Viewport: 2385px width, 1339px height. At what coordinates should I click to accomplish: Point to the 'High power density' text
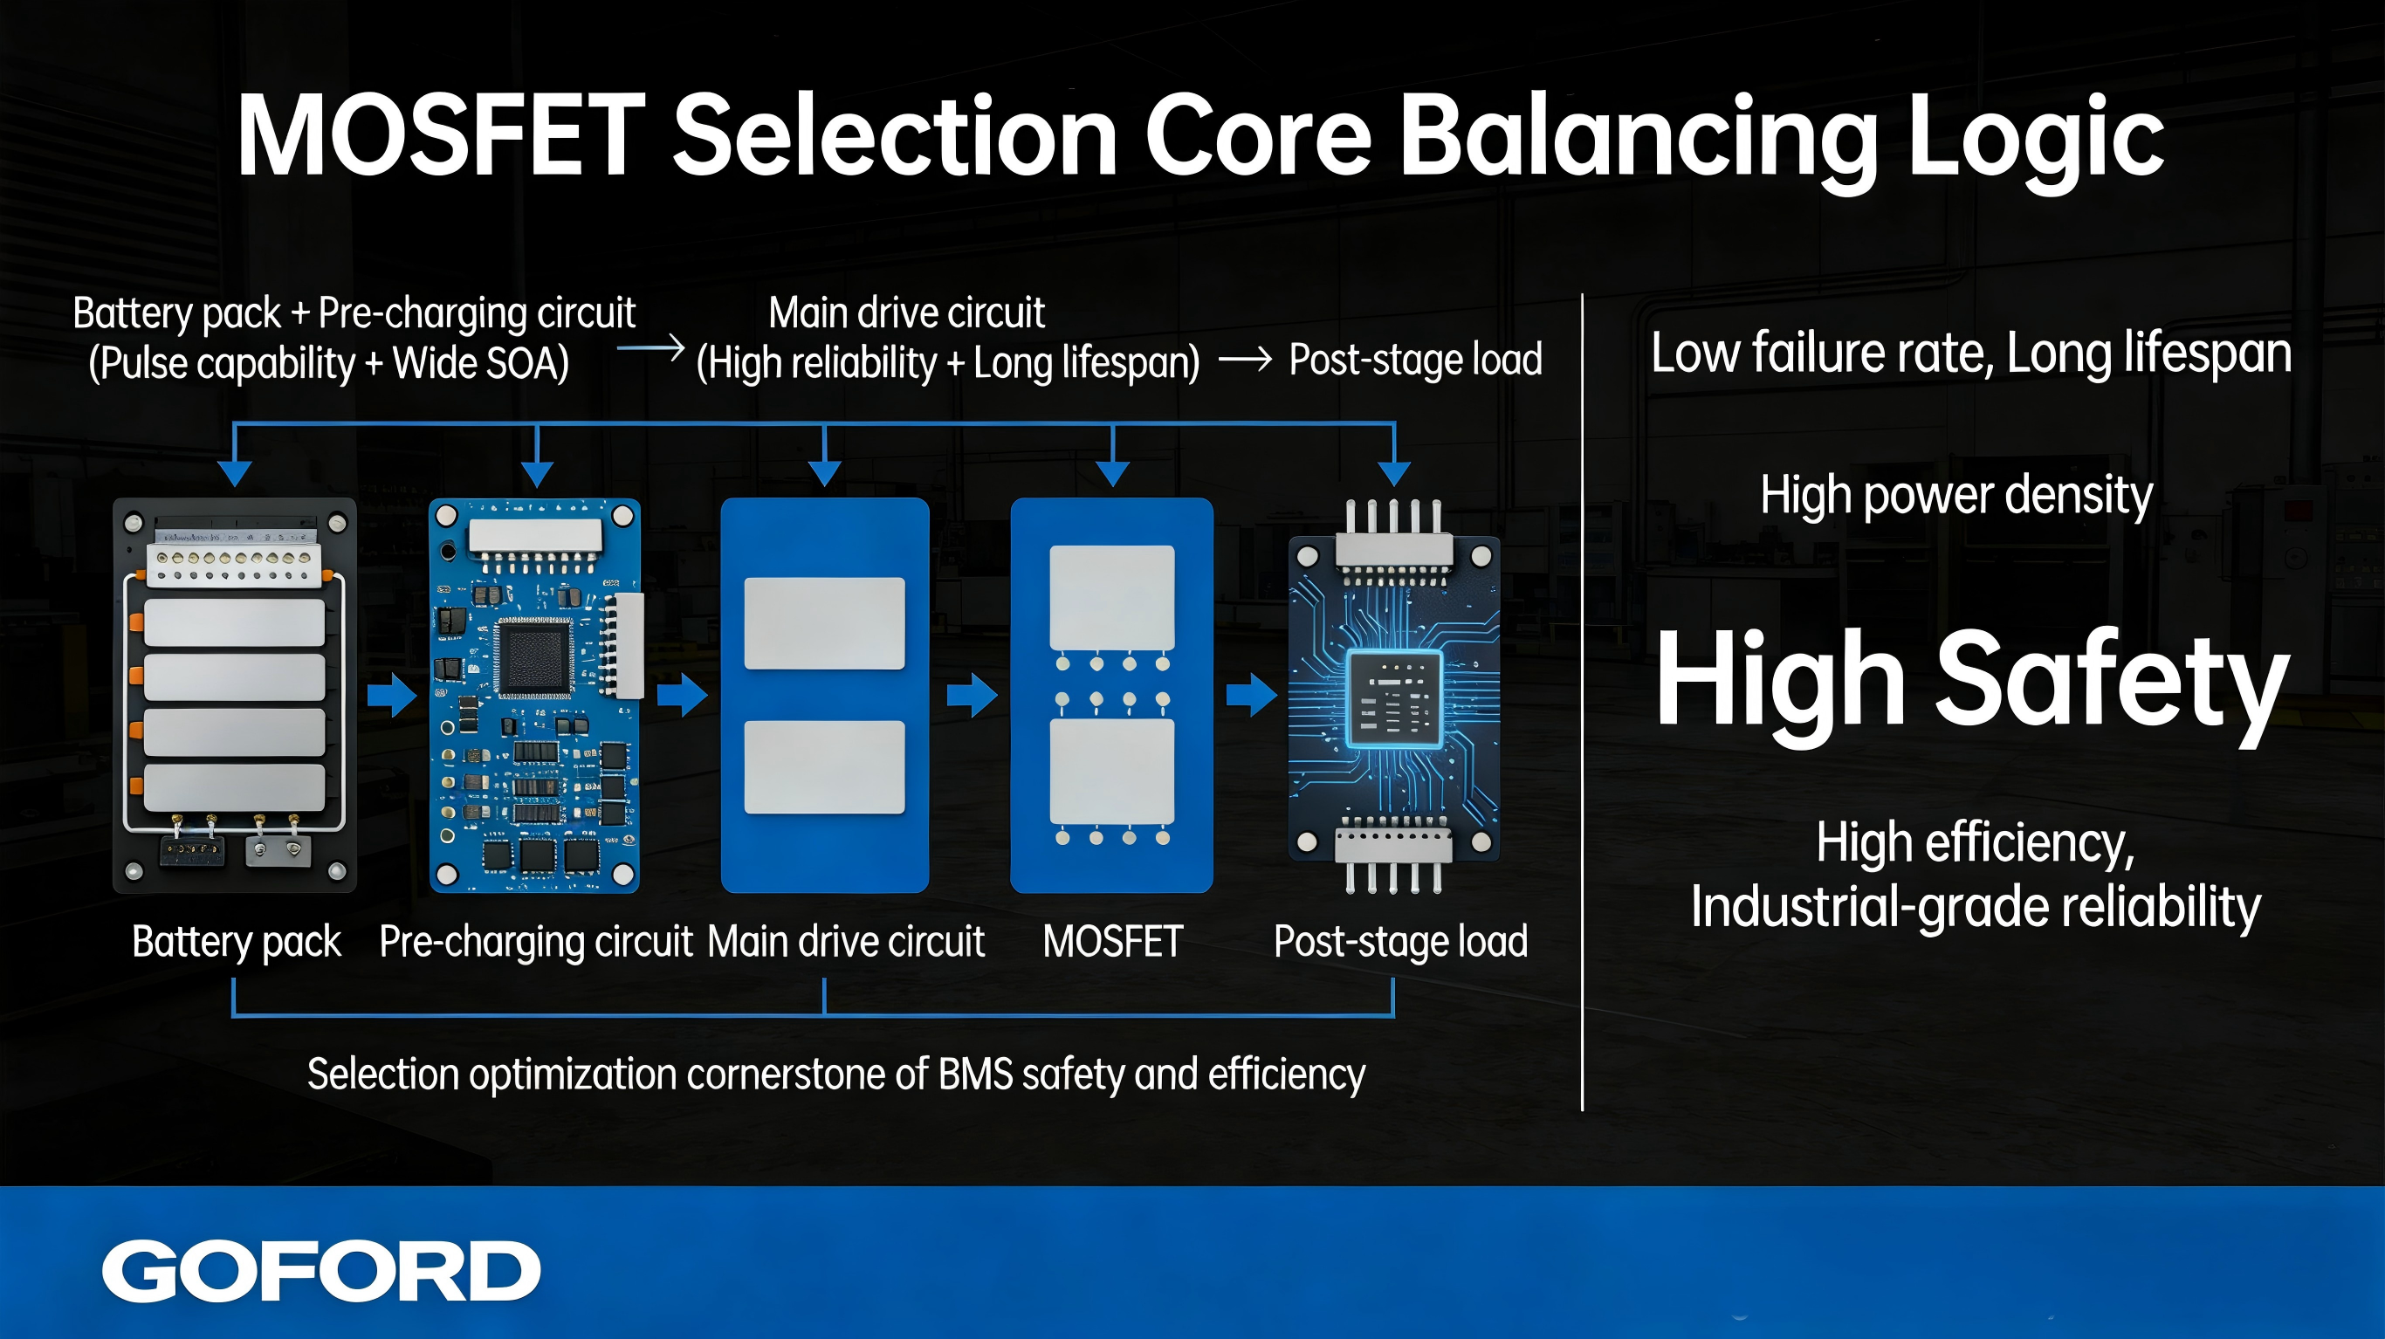(1956, 496)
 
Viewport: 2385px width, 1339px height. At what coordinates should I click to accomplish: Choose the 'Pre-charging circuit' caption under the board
(536, 943)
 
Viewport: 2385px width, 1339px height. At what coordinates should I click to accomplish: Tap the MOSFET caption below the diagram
(1113, 942)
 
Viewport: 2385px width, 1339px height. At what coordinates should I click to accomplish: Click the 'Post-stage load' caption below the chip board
(1401, 943)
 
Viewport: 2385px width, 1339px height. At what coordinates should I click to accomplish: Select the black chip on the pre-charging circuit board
(534, 657)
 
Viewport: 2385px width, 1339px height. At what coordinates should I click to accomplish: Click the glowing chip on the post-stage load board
(1393, 698)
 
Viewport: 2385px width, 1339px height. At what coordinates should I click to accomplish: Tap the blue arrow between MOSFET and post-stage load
(1251, 695)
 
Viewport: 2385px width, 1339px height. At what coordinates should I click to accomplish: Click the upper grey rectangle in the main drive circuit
(824, 623)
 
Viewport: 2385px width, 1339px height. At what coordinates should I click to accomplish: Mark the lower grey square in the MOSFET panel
(1112, 772)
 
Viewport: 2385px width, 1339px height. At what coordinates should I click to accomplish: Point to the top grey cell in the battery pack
(234, 622)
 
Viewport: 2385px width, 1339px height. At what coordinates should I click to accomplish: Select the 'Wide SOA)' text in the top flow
(480, 363)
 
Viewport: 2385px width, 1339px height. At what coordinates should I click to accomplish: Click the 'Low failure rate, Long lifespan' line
(1971, 354)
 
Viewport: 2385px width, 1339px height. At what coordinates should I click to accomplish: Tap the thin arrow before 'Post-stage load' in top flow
(1245, 360)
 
